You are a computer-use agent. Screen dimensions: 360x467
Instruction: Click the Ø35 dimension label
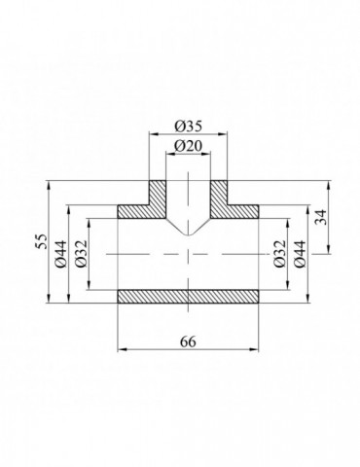tap(188, 126)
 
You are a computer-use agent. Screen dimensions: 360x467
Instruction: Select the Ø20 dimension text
tap(188, 147)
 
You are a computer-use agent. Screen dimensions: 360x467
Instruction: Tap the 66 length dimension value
tap(188, 341)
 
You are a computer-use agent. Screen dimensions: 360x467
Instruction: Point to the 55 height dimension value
tap(42, 241)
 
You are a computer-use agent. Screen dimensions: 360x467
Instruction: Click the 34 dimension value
tap(321, 217)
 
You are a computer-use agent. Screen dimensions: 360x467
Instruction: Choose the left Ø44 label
tap(61, 254)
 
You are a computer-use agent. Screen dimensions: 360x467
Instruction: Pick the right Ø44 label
tap(300, 254)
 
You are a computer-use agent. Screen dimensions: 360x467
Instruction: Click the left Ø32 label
tap(81, 254)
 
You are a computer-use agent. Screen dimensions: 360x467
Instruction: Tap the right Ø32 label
tap(279, 254)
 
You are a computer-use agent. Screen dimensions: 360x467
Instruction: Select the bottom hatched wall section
tap(188, 297)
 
